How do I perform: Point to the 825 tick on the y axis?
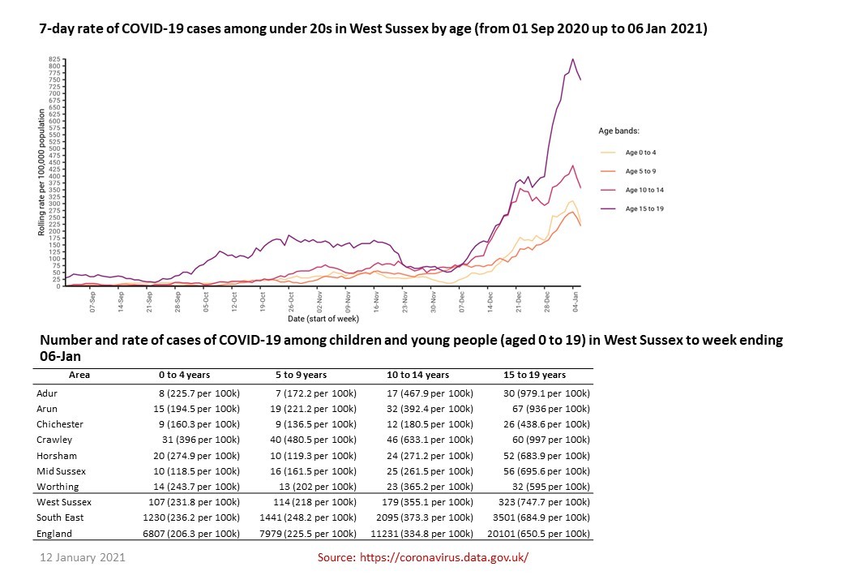(54, 59)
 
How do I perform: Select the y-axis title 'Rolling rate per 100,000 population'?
(41, 174)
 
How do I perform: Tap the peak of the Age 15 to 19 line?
(573, 58)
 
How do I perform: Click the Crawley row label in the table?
(54, 440)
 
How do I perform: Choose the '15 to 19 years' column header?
(535, 375)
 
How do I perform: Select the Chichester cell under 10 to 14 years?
(428, 424)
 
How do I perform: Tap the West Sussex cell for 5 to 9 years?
(312, 503)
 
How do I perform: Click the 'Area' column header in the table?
(79, 375)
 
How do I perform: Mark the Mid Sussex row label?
(61, 471)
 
